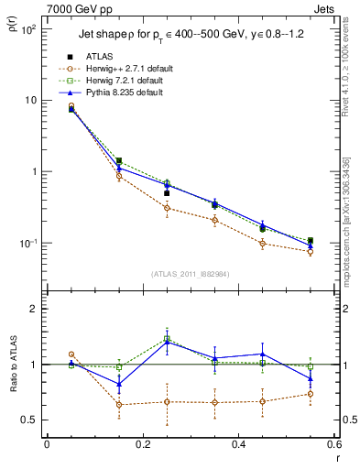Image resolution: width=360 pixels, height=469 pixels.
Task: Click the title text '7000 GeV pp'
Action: click(73, 7)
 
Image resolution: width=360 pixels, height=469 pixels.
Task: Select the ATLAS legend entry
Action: click(100, 57)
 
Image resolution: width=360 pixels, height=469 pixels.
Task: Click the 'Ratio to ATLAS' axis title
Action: click(12, 386)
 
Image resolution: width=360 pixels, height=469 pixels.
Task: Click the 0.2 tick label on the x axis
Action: click(142, 445)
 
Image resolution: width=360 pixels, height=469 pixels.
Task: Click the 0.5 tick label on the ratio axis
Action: click(32, 420)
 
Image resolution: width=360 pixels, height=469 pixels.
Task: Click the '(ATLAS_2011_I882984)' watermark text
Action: click(191, 274)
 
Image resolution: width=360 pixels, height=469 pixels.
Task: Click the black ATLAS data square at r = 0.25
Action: click(167, 193)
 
